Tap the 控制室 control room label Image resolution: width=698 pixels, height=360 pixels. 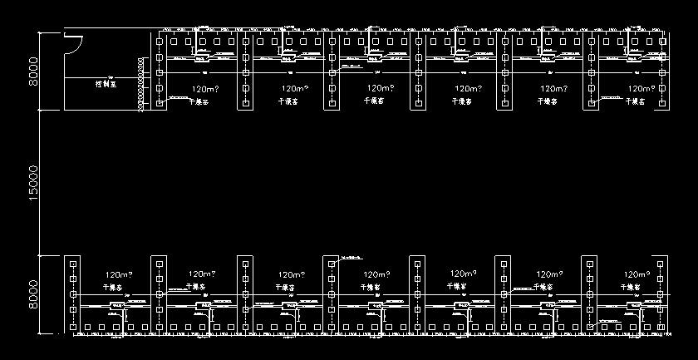point(105,84)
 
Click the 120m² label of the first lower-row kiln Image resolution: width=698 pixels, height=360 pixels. point(118,274)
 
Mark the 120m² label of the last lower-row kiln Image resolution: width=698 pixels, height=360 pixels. point(638,274)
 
